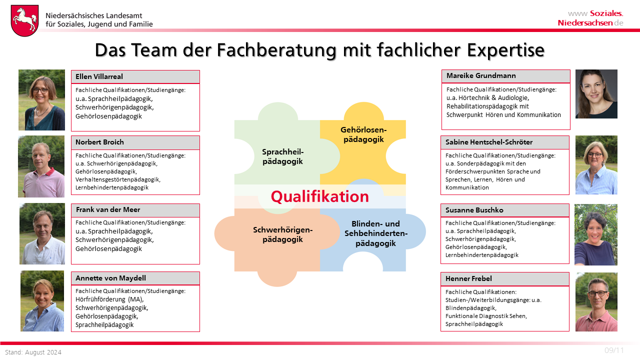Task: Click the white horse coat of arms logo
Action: (x=25, y=20)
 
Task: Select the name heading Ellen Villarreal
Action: (x=99, y=76)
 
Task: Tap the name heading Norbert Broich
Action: (x=99, y=142)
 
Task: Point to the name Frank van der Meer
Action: (x=108, y=209)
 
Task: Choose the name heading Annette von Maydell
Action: (x=110, y=278)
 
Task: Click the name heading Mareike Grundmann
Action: (x=481, y=75)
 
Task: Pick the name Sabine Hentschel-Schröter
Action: (x=489, y=142)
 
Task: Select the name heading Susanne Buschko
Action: (x=474, y=210)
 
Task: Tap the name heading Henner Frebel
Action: (x=468, y=278)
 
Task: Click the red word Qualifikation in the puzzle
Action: (x=319, y=197)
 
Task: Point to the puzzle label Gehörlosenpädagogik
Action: (x=363, y=134)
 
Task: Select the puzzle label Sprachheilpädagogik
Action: (x=282, y=156)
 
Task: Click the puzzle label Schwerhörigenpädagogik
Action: (x=282, y=234)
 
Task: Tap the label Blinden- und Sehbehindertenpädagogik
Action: (x=375, y=233)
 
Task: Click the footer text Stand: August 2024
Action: (x=33, y=352)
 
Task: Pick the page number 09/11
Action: (x=614, y=350)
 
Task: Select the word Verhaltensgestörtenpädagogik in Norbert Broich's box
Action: (x=117, y=179)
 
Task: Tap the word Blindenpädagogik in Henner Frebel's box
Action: (x=470, y=308)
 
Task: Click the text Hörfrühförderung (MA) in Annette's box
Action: (x=109, y=299)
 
